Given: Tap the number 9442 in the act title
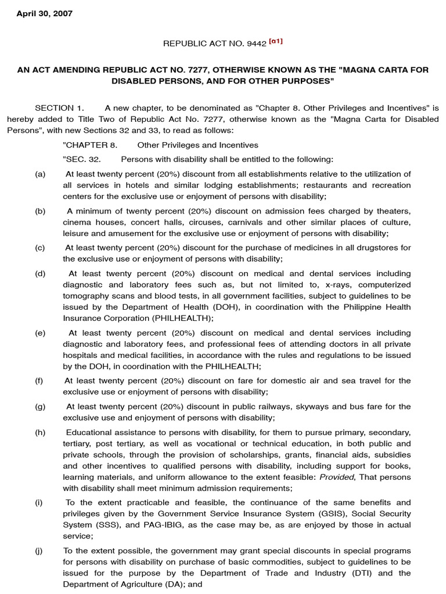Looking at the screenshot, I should [256, 43].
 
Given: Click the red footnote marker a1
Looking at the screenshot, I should [276, 42].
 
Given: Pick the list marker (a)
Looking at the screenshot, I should [40, 174].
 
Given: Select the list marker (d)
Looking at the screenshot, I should [40, 274].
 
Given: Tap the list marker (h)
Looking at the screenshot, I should [40, 433].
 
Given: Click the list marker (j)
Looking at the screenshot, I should [39, 550].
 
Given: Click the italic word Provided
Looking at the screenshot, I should [330, 477].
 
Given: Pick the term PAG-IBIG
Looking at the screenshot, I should [134, 525].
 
